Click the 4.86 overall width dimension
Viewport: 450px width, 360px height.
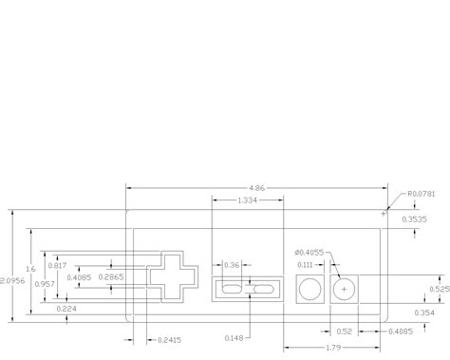point(256,188)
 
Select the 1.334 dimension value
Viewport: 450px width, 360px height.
point(247,200)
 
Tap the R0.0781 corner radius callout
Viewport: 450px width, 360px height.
point(421,194)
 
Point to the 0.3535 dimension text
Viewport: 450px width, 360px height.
point(414,219)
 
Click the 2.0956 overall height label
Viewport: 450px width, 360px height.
point(12,281)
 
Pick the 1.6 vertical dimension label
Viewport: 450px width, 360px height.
point(30,269)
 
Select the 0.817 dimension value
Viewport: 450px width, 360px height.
point(57,265)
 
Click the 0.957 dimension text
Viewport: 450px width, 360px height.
point(45,284)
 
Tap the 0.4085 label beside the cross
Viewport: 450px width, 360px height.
point(79,277)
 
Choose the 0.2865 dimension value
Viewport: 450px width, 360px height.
point(111,277)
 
